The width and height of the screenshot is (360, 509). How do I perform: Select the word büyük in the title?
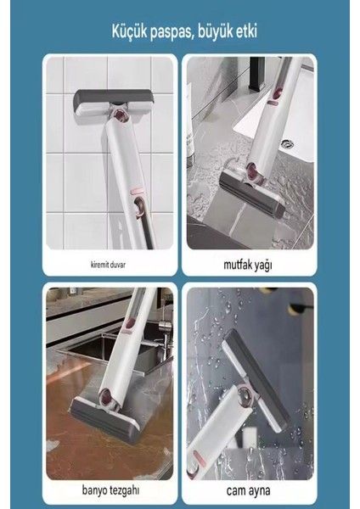(224, 32)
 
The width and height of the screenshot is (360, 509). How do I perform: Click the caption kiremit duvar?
(109, 264)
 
